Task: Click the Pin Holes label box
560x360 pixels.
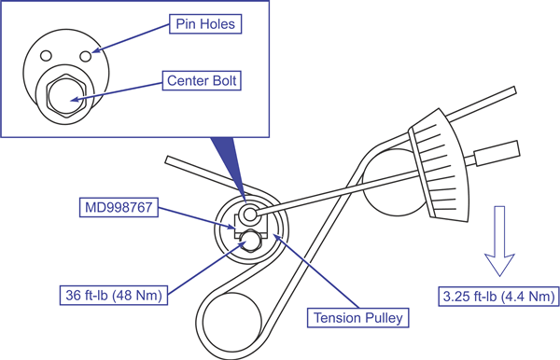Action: [205, 24]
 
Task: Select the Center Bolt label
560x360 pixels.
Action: [202, 80]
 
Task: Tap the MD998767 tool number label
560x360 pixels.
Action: [119, 207]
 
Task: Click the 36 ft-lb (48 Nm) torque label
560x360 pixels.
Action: [114, 295]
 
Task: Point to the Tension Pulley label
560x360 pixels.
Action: [357, 317]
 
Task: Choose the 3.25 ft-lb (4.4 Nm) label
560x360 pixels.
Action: [498, 297]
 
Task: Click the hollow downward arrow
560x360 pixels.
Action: [499, 241]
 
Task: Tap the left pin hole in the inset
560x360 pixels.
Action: [46, 56]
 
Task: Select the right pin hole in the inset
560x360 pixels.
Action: [86, 56]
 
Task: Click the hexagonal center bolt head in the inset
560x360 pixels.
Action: [66, 96]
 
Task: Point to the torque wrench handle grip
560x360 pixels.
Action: [497, 153]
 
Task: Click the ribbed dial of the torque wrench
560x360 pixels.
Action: [439, 165]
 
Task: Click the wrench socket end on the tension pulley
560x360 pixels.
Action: [249, 215]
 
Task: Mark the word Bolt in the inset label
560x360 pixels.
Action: [224, 80]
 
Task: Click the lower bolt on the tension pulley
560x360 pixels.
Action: [249, 241]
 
